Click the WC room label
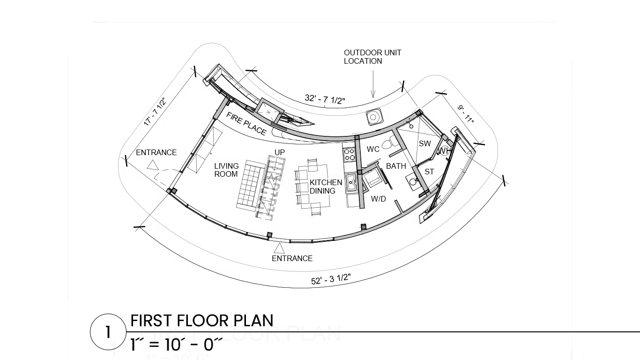tap(373, 149)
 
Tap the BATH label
tap(396, 166)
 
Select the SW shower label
tap(425, 143)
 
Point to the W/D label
tap(378, 199)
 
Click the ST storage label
tap(429, 172)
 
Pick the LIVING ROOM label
tap(227, 170)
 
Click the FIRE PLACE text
tap(246, 124)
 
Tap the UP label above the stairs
tap(280, 153)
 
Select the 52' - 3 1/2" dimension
tap(331, 279)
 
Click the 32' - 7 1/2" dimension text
tap(325, 99)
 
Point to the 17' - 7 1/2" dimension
tap(155, 112)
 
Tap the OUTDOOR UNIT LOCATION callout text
tap(372, 57)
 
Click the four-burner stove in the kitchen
tap(349, 155)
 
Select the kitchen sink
tap(350, 183)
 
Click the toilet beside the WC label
tap(388, 142)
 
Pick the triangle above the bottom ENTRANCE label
tap(279, 248)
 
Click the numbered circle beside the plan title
tap(108, 332)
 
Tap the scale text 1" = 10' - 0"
tap(176, 345)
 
